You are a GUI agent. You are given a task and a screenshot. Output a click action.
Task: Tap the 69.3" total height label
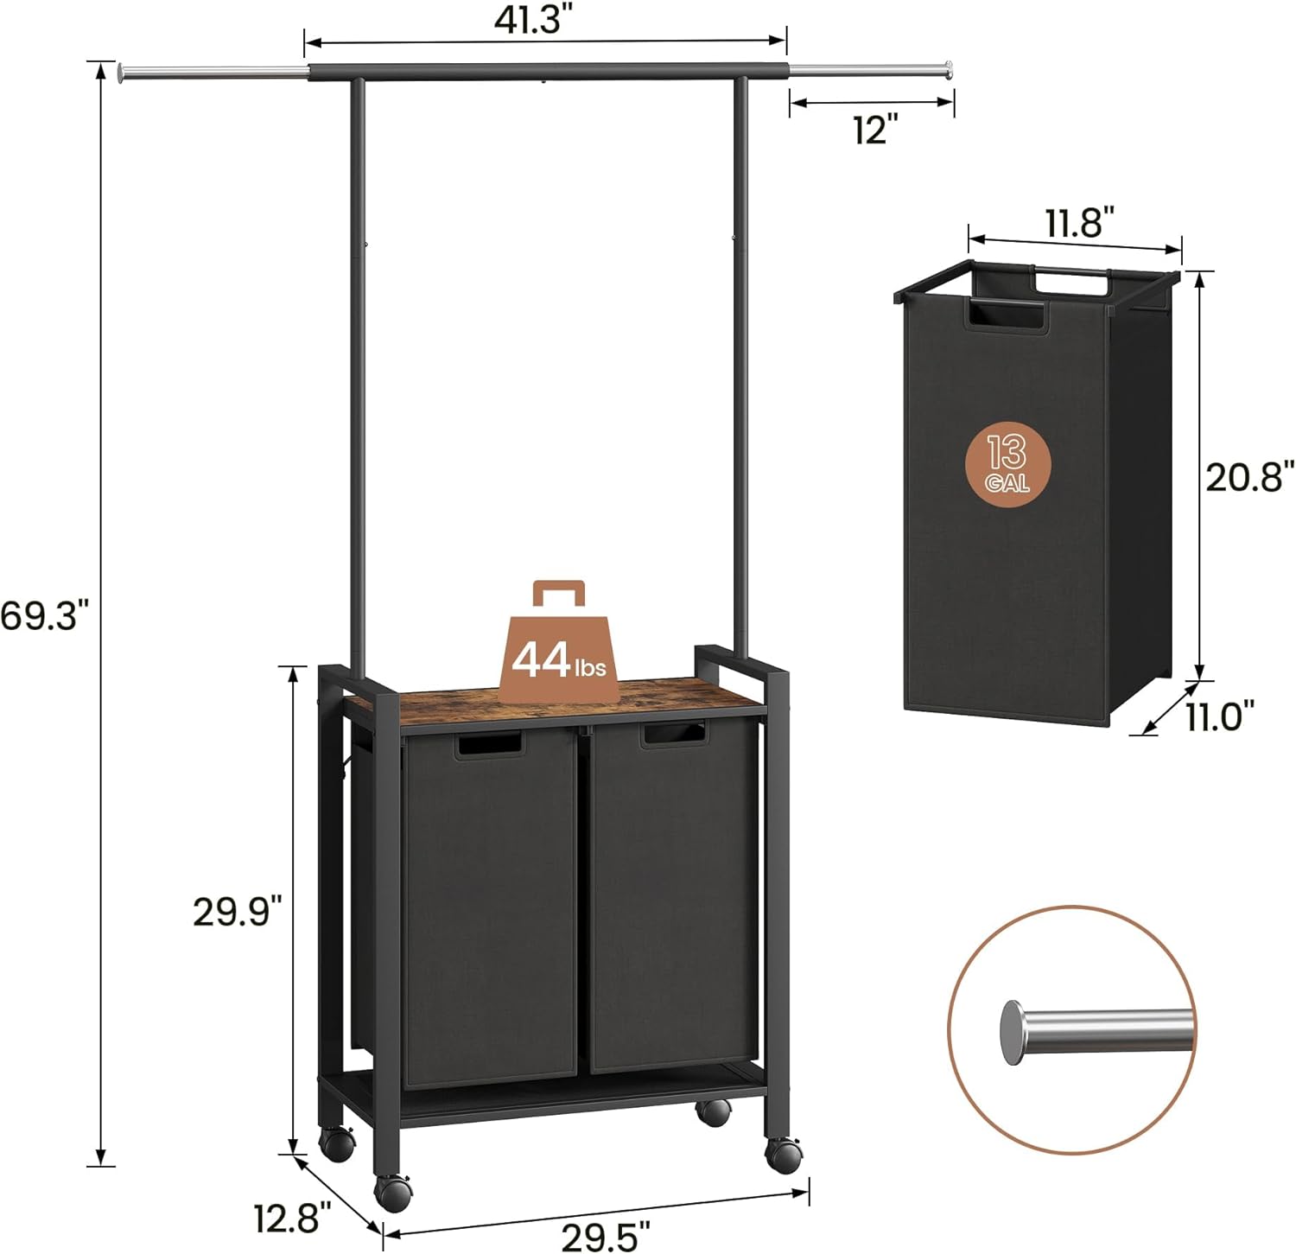click(45, 616)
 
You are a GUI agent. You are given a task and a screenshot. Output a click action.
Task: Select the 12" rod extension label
click(875, 130)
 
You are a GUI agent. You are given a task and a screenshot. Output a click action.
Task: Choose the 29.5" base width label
click(606, 1237)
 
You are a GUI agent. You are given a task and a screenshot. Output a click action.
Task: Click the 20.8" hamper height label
click(1249, 476)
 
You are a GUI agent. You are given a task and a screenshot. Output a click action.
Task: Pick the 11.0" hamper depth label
click(1219, 716)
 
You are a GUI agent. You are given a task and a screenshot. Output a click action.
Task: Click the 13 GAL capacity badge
click(1007, 463)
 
